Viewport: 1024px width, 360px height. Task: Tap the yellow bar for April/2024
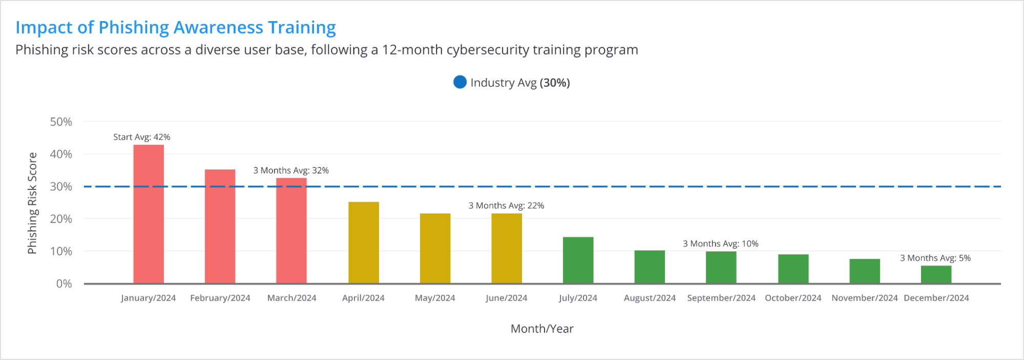364,243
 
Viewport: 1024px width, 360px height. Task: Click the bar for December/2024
936,274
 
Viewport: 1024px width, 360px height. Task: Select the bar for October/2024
793,269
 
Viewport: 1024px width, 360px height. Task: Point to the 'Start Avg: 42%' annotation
141,137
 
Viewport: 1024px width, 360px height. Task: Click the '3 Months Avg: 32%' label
291,171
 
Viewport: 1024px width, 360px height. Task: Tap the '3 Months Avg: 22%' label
506,206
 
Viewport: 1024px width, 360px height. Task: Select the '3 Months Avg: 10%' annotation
720,244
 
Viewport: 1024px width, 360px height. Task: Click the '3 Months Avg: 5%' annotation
935,258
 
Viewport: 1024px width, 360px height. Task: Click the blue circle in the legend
460,82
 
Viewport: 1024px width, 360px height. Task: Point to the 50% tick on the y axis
61,122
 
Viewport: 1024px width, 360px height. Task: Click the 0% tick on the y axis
64,284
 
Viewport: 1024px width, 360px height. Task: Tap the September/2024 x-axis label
721,298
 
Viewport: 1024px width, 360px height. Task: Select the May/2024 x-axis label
435,298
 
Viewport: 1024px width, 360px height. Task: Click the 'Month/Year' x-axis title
542,329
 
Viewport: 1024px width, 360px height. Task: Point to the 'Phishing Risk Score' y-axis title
32,203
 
